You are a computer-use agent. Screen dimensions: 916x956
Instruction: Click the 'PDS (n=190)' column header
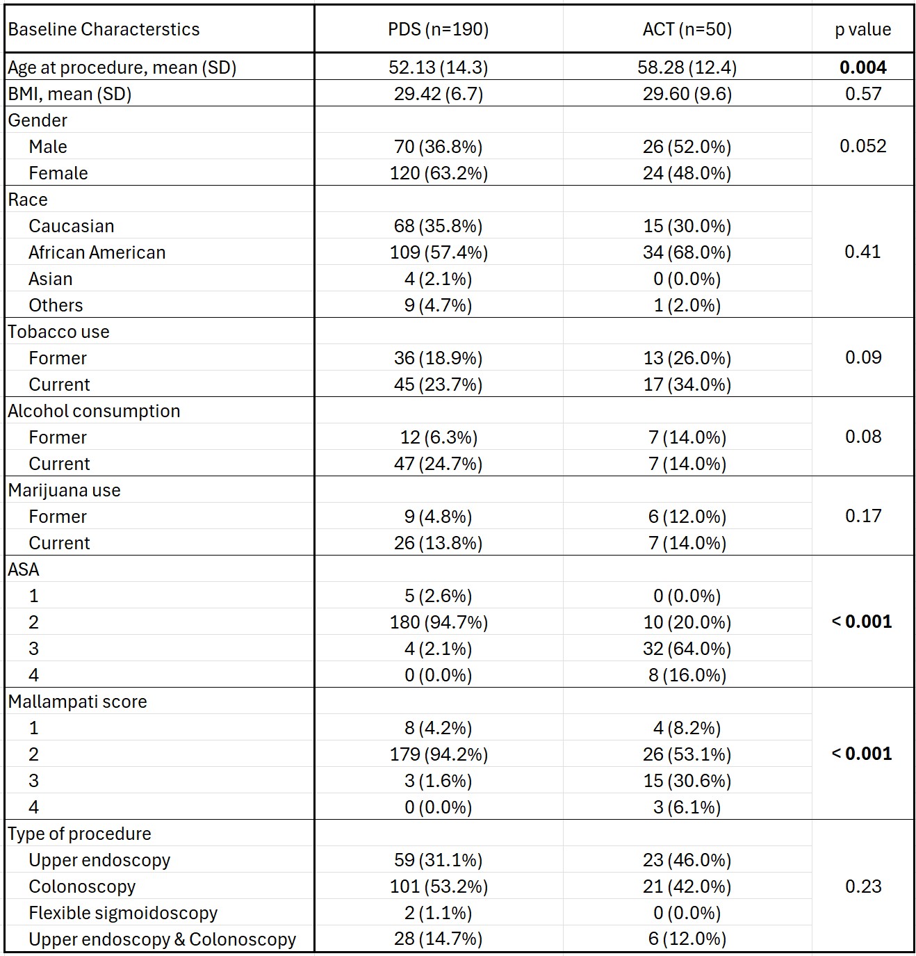pyautogui.click(x=438, y=29)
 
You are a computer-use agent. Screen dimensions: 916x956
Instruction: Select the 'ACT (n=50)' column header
pyautogui.click(x=687, y=29)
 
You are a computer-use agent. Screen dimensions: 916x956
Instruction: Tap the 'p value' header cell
pyautogui.click(x=863, y=29)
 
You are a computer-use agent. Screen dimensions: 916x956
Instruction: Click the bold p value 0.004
pyautogui.click(x=863, y=67)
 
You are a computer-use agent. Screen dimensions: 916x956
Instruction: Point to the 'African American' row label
pyautogui.click(x=97, y=252)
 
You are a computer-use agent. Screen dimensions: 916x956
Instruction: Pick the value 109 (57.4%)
pyautogui.click(x=439, y=252)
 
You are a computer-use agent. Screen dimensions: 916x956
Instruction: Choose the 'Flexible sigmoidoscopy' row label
pyautogui.click(x=123, y=913)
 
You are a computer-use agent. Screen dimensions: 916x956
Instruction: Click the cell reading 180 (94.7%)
pyautogui.click(x=439, y=622)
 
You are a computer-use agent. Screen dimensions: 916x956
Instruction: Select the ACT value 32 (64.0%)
pyautogui.click(x=687, y=649)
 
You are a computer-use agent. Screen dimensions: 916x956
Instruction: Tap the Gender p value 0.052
pyautogui.click(x=863, y=146)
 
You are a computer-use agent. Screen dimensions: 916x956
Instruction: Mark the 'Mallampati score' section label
pyautogui.click(x=77, y=702)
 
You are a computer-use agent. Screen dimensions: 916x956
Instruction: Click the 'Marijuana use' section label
pyautogui.click(x=64, y=490)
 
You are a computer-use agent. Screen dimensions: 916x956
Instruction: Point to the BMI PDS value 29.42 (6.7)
pyautogui.click(x=438, y=94)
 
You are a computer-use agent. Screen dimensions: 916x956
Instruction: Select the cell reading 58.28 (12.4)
pyautogui.click(x=687, y=67)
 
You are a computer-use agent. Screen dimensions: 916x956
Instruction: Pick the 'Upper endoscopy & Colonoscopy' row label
pyautogui.click(x=162, y=939)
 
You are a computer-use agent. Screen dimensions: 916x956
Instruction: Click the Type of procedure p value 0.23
pyautogui.click(x=863, y=886)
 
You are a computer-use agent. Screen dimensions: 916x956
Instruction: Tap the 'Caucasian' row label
pyautogui.click(x=71, y=226)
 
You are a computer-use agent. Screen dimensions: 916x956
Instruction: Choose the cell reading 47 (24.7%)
pyautogui.click(x=438, y=464)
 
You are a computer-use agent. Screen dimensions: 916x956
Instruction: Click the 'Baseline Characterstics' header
pyautogui.click(x=104, y=29)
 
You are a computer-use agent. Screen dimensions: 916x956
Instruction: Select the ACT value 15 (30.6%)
pyautogui.click(x=687, y=781)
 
